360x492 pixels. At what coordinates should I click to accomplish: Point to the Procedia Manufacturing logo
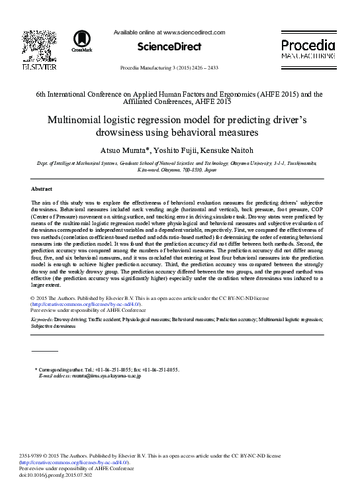[x=308, y=48]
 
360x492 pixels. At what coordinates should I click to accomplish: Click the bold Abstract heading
[x=42, y=189]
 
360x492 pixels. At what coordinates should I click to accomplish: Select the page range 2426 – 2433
[x=212, y=68]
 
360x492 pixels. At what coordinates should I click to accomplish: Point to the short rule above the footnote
[x=45, y=350]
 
